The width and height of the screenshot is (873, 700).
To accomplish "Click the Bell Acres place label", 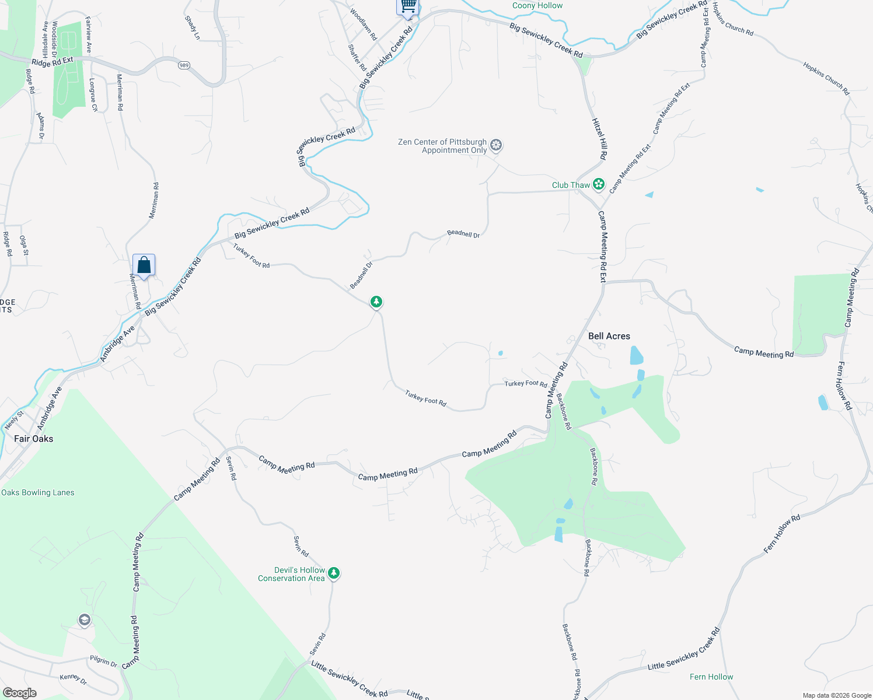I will click(x=609, y=336).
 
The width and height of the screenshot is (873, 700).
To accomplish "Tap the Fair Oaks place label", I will click(x=33, y=439).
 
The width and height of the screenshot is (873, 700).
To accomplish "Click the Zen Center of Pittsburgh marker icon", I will click(x=496, y=145).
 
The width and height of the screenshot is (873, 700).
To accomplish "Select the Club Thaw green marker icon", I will click(x=598, y=184).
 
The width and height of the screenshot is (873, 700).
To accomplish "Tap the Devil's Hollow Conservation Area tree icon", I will click(x=334, y=573).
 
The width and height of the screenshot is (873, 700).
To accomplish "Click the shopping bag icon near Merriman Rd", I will click(x=144, y=266).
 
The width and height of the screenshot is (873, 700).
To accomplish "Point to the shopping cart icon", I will click(x=408, y=6).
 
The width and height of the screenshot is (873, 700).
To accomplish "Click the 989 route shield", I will click(x=184, y=65).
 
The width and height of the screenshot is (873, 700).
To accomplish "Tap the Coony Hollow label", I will click(x=537, y=6).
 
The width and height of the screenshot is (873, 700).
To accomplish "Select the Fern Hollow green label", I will click(x=711, y=677).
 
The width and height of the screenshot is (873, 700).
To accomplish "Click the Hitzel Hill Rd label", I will click(x=600, y=139).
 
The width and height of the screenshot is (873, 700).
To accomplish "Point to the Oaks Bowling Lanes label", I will click(x=38, y=492).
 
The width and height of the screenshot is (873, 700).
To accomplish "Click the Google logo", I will click(x=20, y=692).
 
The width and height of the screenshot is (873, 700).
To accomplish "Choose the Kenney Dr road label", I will click(x=74, y=679).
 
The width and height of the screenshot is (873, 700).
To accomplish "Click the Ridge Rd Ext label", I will click(x=53, y=62).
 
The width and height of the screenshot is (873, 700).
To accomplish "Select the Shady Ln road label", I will click(x=192, y=28).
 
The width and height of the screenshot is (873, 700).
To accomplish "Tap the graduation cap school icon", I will click(x=85, y=619).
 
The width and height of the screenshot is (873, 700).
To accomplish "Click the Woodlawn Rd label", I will click(x=363, y=24).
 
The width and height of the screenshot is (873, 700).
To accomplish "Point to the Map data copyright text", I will click(x=837, y=695).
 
